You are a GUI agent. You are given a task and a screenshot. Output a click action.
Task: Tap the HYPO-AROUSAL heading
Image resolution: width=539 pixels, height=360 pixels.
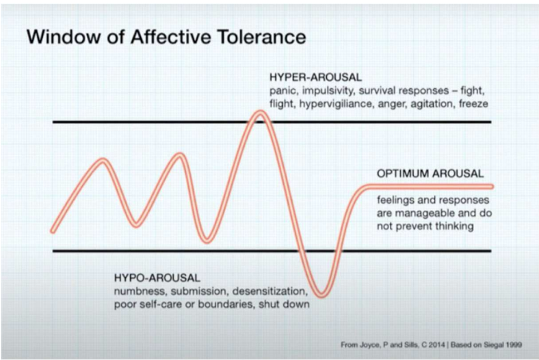click(x=157, y=278)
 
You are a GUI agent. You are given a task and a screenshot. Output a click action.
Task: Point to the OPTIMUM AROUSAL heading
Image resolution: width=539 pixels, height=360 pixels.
click(x=430, y=173)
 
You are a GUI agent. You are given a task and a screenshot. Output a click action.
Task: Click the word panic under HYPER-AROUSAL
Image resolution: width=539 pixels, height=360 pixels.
click(x=282, y=92)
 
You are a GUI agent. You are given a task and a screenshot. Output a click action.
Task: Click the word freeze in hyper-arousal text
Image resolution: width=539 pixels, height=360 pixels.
click(x=475, y=105)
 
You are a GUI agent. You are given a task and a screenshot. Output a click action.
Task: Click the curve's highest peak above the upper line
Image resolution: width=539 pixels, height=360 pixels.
click(x=259, y=114)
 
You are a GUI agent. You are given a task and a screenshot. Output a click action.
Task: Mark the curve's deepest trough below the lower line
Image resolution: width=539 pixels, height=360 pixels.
click(x=324, y=294)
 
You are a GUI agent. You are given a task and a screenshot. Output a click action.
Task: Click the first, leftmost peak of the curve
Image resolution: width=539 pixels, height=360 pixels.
click(x=103, y=162)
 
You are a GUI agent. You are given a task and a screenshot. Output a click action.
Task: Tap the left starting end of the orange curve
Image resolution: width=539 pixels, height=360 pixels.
click(x=53, y=231)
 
